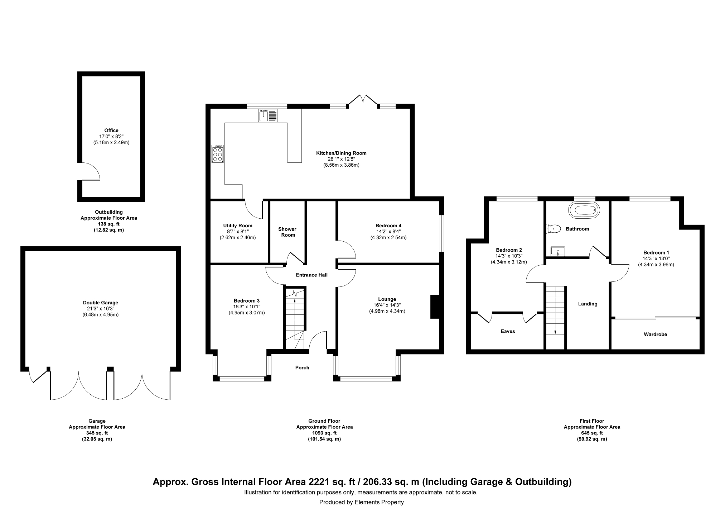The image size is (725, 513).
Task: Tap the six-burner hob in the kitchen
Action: click(x=218, y=153)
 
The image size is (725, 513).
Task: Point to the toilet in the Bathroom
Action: click(x=553, y=228)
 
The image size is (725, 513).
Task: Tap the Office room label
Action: click(x=111, y=130)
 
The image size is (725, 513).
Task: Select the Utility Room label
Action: click(x=238, y=225)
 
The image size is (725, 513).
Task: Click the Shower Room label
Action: click(x=287, y=232)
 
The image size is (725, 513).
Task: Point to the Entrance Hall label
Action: click(x=311, y=275)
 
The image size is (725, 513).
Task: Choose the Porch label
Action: click(x=302, y=367)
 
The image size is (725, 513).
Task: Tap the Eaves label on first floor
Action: click(x=508, y=332)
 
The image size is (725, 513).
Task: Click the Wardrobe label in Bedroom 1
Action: click(x=655, y=334)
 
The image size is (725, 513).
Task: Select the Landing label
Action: click(x=588, y=304)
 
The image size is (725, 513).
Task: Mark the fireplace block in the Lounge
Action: click(x=435, y=307)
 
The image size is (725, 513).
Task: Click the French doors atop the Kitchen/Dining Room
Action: click(x=363, y=100)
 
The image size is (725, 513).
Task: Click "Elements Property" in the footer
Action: click(x=379, y=502)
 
